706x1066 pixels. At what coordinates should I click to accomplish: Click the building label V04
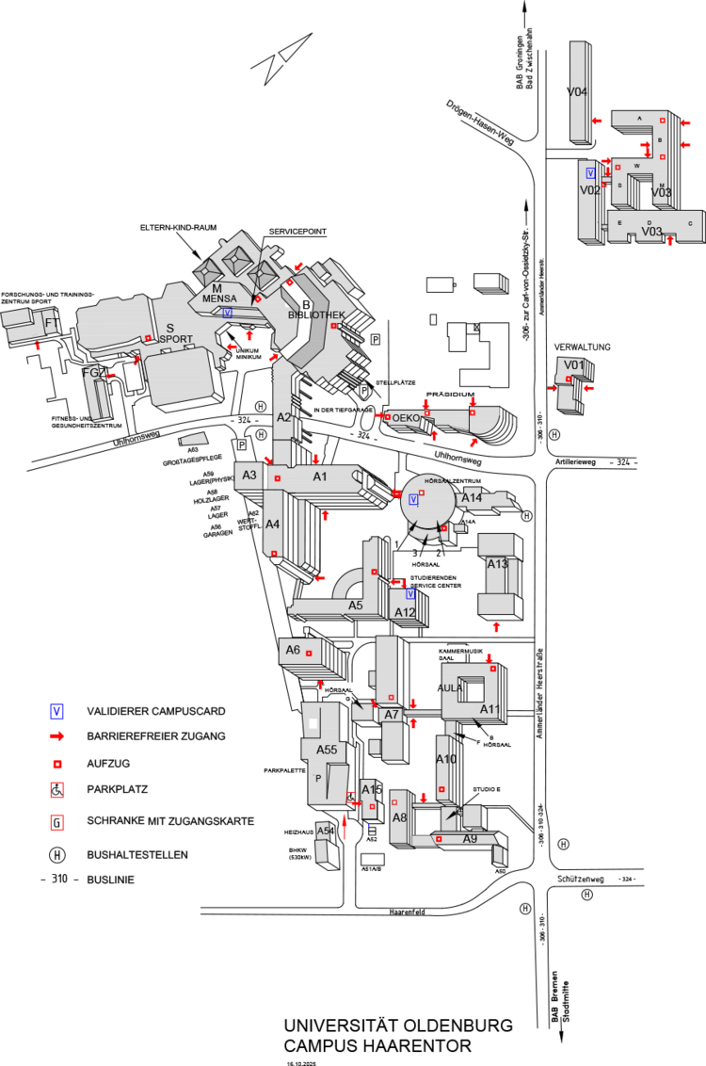point(577,91)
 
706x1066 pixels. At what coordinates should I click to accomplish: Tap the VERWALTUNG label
point(583,347)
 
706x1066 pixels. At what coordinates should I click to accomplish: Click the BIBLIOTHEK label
point(316,315)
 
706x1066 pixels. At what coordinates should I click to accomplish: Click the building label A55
point(326,750)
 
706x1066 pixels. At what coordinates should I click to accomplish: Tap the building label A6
point(293,650)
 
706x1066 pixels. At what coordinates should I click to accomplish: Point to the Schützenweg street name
point(582,878)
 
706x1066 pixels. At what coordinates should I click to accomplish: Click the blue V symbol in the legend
point(57,711)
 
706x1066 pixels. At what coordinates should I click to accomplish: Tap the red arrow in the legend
point(57,735)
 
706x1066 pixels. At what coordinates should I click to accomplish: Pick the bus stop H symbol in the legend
point(57,855)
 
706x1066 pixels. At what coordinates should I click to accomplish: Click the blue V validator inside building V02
point(590,173)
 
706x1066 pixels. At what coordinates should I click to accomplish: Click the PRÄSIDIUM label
point(447,395)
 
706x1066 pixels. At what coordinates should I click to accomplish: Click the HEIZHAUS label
point(297,832)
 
